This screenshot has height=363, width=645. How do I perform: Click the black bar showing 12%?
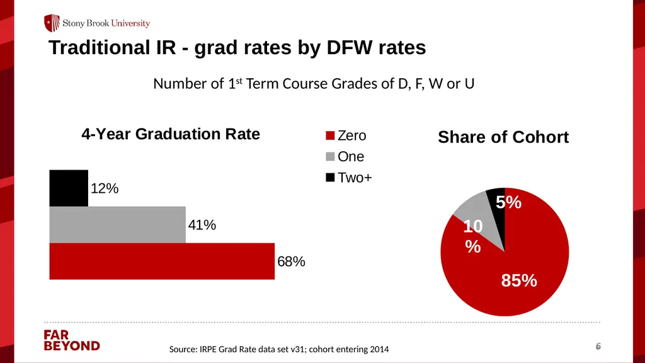[69, 188]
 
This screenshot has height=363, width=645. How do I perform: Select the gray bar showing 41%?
[117, 225]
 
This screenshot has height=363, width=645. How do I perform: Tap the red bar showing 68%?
[162, 262]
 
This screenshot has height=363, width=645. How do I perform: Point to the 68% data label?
[291, 262]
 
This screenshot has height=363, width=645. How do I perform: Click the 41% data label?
[202, 225]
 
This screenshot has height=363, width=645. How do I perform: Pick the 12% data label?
[105, 188]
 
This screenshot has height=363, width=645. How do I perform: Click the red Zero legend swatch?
[330, 135]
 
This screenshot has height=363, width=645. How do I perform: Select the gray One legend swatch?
[330, 156]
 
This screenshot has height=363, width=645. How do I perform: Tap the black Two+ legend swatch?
[330, 177]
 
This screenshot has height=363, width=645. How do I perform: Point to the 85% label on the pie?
[519, 280]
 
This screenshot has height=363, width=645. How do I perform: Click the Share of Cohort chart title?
[503, 137]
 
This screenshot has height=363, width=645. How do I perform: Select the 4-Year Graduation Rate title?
[171, 134]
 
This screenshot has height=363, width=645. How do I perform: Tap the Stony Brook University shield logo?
[52, 23]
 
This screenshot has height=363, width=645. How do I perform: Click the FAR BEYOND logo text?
[72, 340]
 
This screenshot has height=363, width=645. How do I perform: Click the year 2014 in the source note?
[379, 349]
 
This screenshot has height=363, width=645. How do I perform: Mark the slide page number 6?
[598, 347]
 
